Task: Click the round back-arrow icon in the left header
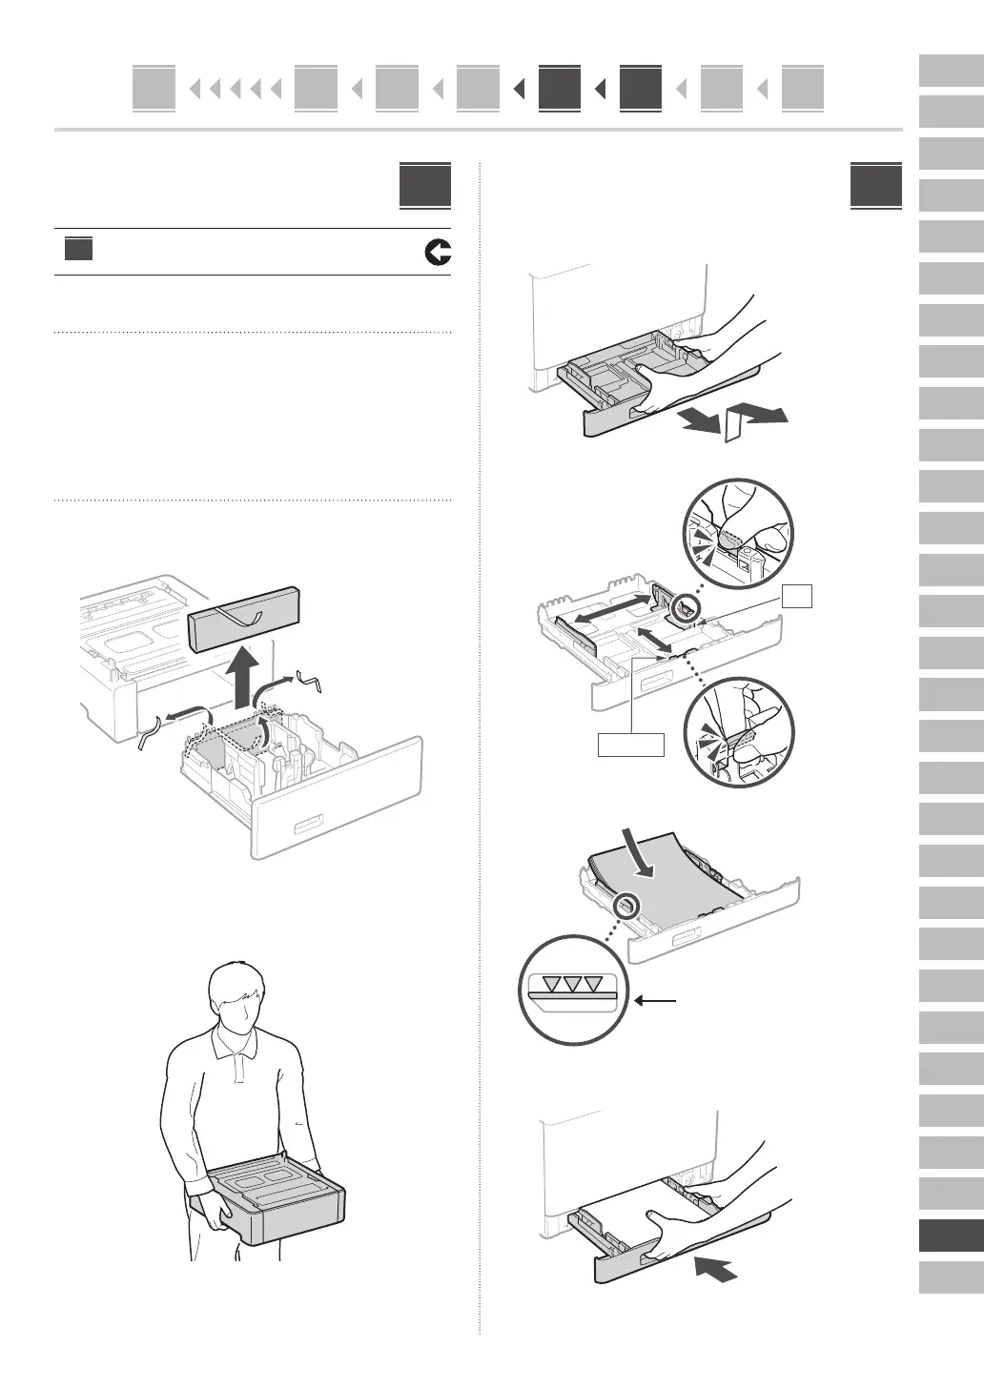pyautogui.click(x=438, y=253)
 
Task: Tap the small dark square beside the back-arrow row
pyautogui.click(x=79, y=250)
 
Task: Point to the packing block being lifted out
pyautogui.click(x=245, y=619)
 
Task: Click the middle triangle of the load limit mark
pyautogui.click(x=570, y=985)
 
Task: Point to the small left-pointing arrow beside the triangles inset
pyautogui.click(x=658, y=1001)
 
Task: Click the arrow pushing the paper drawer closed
pyautogui.click(x=717, y=1269)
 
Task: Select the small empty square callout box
pyautogui.click(x=796, y=597)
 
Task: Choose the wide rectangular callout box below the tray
pyautogui.click(x=630, y=744)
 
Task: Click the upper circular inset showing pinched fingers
pyautogui.click(x=737, y=533)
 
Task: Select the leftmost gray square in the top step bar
pyautogui.click(x=154, y=89)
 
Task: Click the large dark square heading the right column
pyautogui.click(x=875, y=185)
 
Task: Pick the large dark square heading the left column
pyautogui.click(x=425, y=185)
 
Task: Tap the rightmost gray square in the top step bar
pyautogui.click(x=803, y=89)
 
